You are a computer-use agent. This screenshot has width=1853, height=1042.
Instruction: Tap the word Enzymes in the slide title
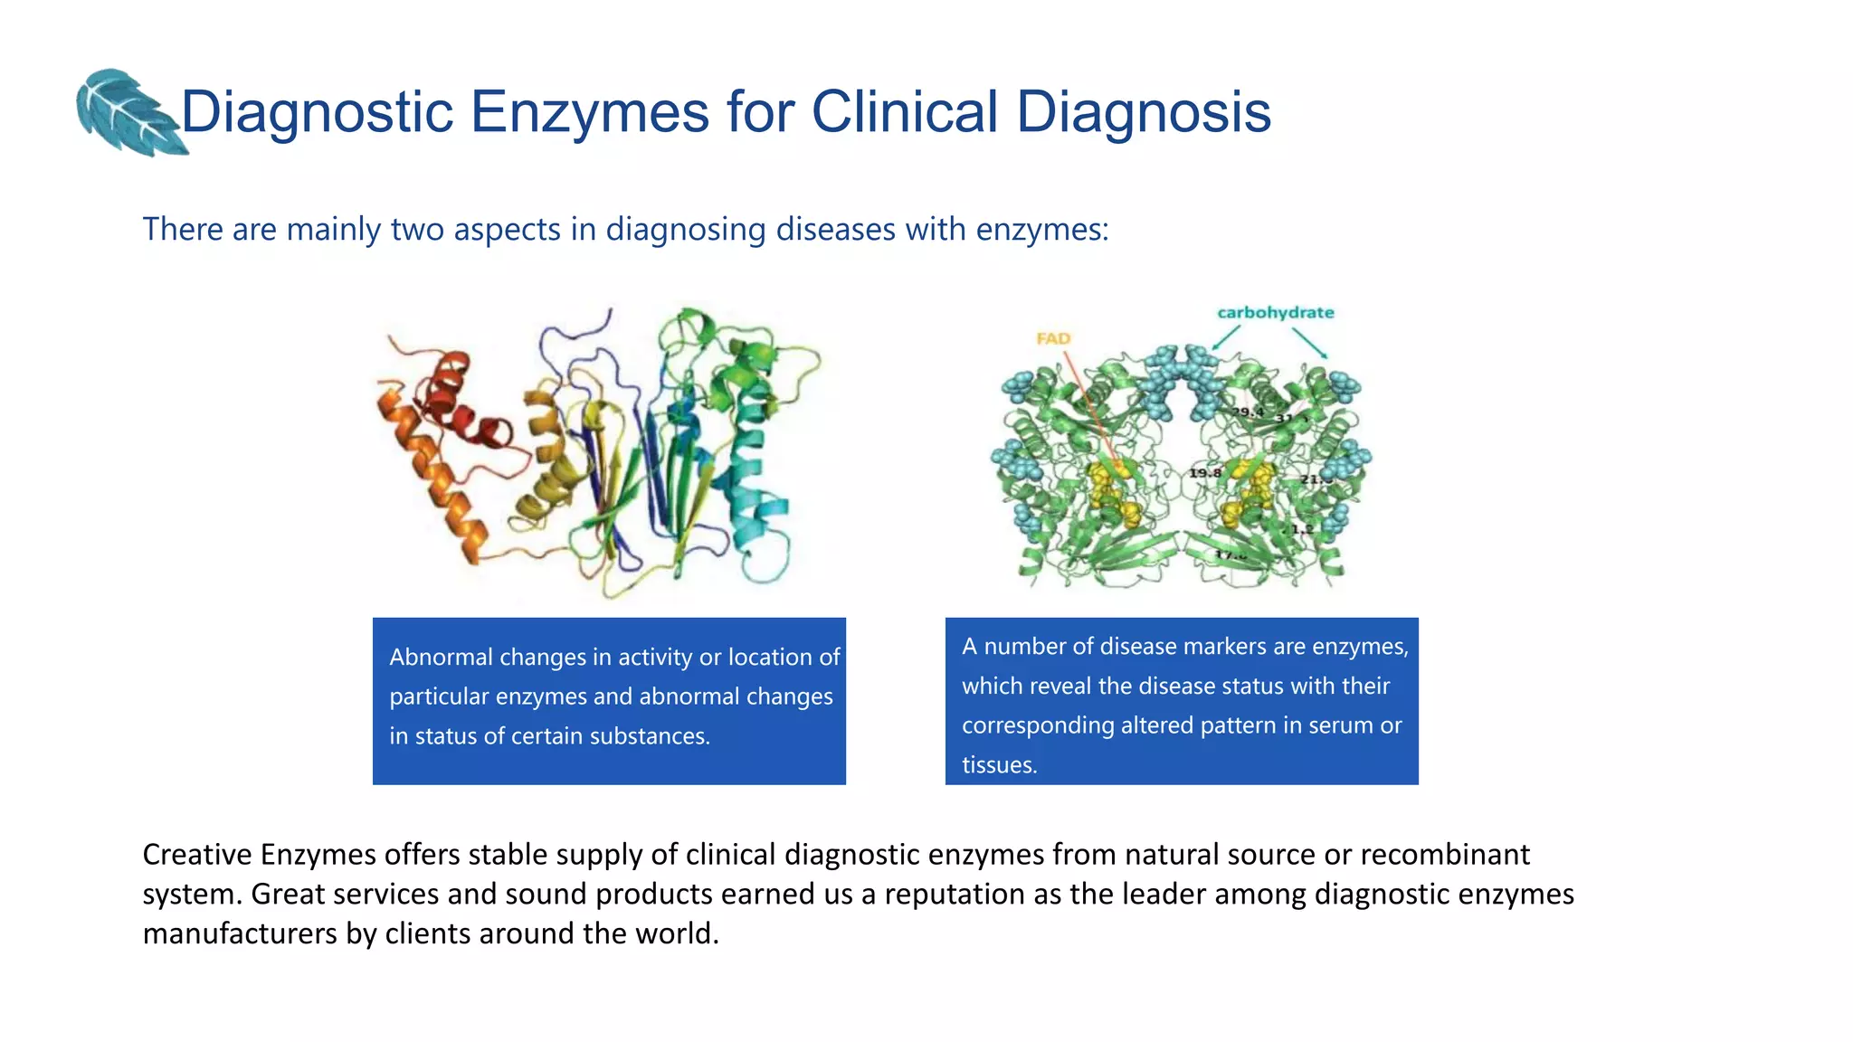[x=589, y=112]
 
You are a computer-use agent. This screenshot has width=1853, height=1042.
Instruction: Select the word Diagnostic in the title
[x=317, y=112]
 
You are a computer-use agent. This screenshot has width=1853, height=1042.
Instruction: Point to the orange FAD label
[x=1053, y=338]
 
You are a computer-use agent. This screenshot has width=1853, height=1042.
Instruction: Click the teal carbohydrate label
[x=1275, y=313]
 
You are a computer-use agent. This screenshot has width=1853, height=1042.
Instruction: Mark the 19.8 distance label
[x=1205, y=473]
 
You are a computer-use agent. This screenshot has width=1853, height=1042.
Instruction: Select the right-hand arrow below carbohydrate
[x=1310, y=343]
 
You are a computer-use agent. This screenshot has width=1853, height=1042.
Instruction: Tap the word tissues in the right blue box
[x=998, y=765]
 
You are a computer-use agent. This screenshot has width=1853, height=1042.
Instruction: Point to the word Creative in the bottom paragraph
[x=197, y=854]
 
